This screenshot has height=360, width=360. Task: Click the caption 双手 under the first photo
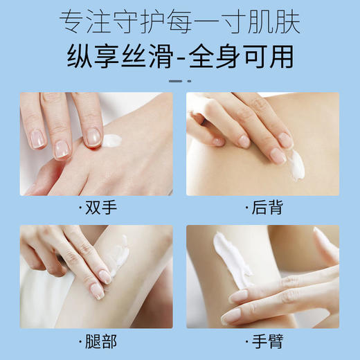pos(100,208)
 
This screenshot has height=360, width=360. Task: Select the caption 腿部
pos(100,342)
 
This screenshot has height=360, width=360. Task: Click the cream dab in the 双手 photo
pos(113,141)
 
